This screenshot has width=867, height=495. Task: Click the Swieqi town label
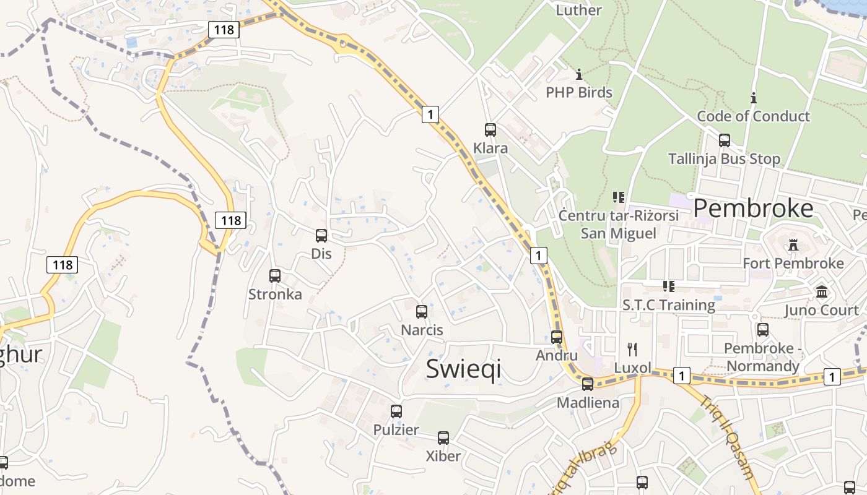[x=463, y=368]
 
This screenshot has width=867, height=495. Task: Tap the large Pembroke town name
[x=753, y=209]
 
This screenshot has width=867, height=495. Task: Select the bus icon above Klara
[x=490, y=130]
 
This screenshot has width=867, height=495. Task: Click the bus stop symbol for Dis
[x=321, y=236]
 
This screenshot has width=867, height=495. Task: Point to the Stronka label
[x=275, y=294]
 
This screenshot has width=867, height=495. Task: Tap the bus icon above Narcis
[x=422, y=312]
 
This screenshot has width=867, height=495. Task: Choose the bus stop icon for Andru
[x=557, y=337]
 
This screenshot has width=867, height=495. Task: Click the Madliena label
[x=588, y=403]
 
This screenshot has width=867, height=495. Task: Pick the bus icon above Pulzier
[x=396, y=411]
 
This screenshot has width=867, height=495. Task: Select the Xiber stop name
[x=443, y=456]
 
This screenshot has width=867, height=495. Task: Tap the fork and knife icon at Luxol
[x=632, y=350]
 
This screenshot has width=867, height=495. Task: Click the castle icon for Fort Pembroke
[x=793, y=245]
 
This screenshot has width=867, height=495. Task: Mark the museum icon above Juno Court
[x=822, y=291]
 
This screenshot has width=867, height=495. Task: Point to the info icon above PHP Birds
[x=579, y=74]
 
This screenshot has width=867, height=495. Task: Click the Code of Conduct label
[x=753, y=116]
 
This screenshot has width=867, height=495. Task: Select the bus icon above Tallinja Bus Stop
[x=725, y=140]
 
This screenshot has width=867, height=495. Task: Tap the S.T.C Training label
[x=669, y=305]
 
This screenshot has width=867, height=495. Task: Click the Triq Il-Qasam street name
[x=727, y=436]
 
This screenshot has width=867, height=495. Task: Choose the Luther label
[x=578, y=10]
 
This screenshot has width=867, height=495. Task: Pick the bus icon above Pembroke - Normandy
[x=763, y=330]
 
